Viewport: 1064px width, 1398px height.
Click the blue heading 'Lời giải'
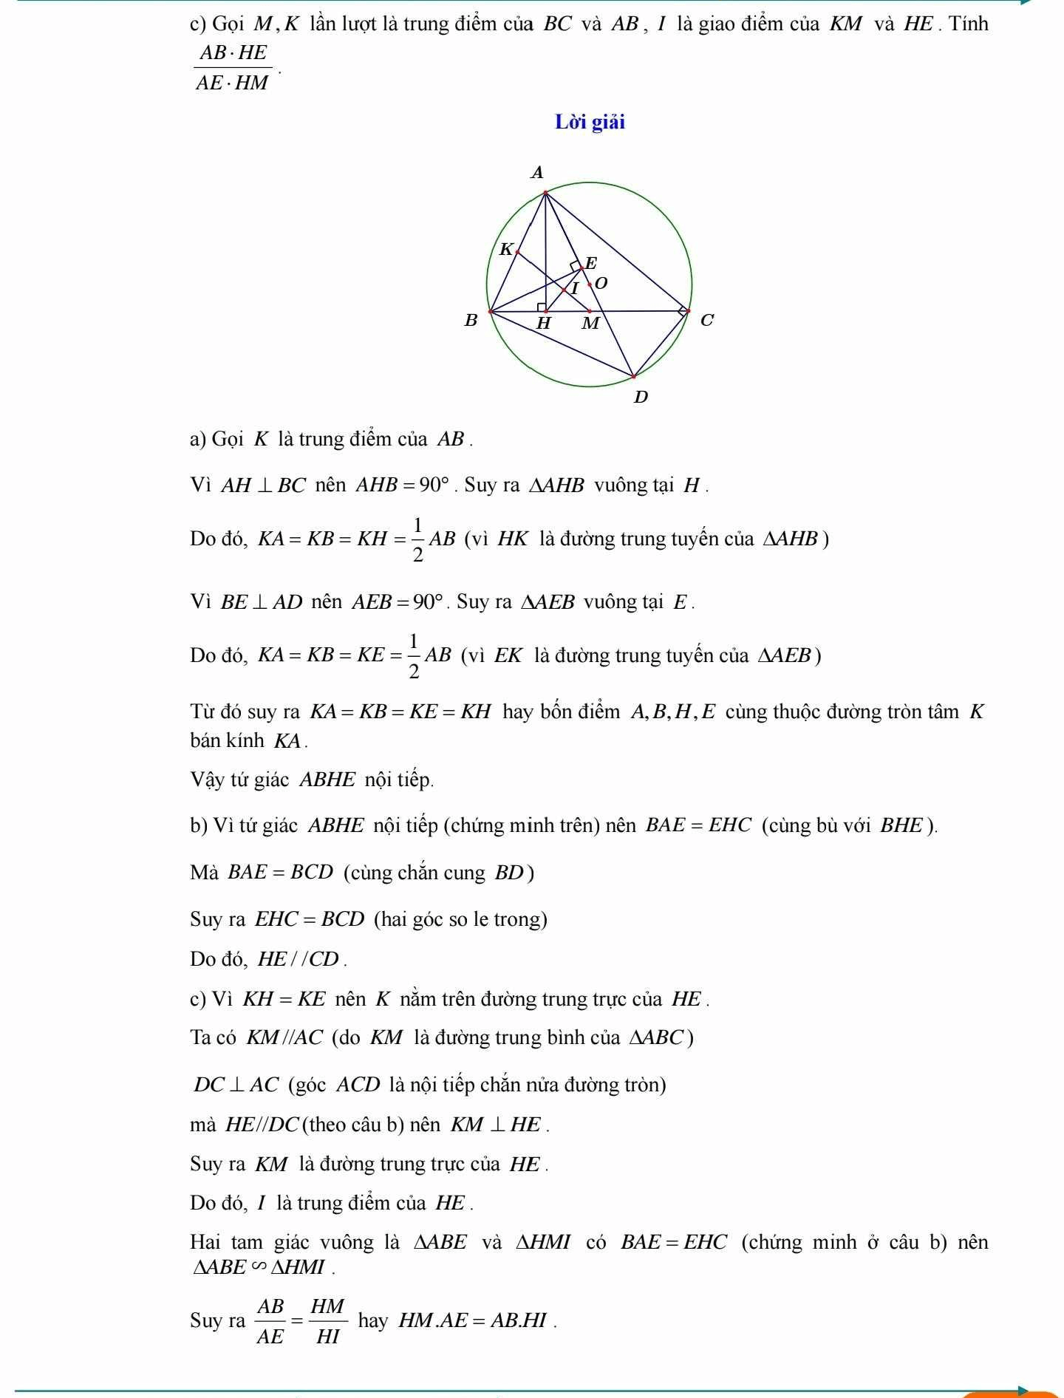tap(590, 122)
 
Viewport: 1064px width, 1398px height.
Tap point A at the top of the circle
tap(545, 194)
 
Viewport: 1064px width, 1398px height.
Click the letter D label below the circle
tap(641, 398)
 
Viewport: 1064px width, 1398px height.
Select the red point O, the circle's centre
tap(590, 284)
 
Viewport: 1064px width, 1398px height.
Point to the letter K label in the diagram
tap(506, 249)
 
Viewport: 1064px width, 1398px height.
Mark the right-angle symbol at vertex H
tap(542, 307)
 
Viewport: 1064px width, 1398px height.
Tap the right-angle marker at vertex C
tap(683, 311)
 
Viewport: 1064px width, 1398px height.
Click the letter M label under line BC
tap(590, 324)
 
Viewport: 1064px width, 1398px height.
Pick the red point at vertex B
tap(491, 312)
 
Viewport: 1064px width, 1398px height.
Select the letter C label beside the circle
tap(706, 321)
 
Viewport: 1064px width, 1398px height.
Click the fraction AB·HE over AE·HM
tap(232, 67)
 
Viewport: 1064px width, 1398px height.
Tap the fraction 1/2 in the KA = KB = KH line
tap(417, 539)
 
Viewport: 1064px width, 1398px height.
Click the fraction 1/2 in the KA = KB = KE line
tap(414, 656)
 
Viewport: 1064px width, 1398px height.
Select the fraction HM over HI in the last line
tap(327, 1321)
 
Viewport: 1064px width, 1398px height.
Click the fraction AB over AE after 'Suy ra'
tap(270, 1321)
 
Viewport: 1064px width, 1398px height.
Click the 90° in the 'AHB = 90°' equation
tap(434, 485)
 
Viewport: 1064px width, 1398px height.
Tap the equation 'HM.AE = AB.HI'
tap(473, 1320)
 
